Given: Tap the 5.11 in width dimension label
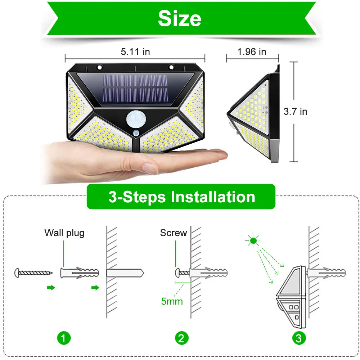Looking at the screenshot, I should coord(135,52).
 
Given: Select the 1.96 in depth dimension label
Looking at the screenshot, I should coord(252,52).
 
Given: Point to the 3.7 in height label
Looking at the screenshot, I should coord(295,112).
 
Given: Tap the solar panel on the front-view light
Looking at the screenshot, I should coord(135,90).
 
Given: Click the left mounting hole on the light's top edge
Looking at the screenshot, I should coord(99,67).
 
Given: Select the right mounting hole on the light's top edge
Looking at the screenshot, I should coord(171,67).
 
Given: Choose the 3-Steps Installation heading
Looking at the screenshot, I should coord(181,197).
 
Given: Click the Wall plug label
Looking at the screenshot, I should coord(64,233).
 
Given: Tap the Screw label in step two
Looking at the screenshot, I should coord(174,233).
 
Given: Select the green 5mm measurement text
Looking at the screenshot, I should coord(172,301).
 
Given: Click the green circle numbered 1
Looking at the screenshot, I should coord(64,338).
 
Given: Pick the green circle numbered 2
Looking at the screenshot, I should coord(181,338).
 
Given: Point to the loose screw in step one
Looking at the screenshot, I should coord(33,273).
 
